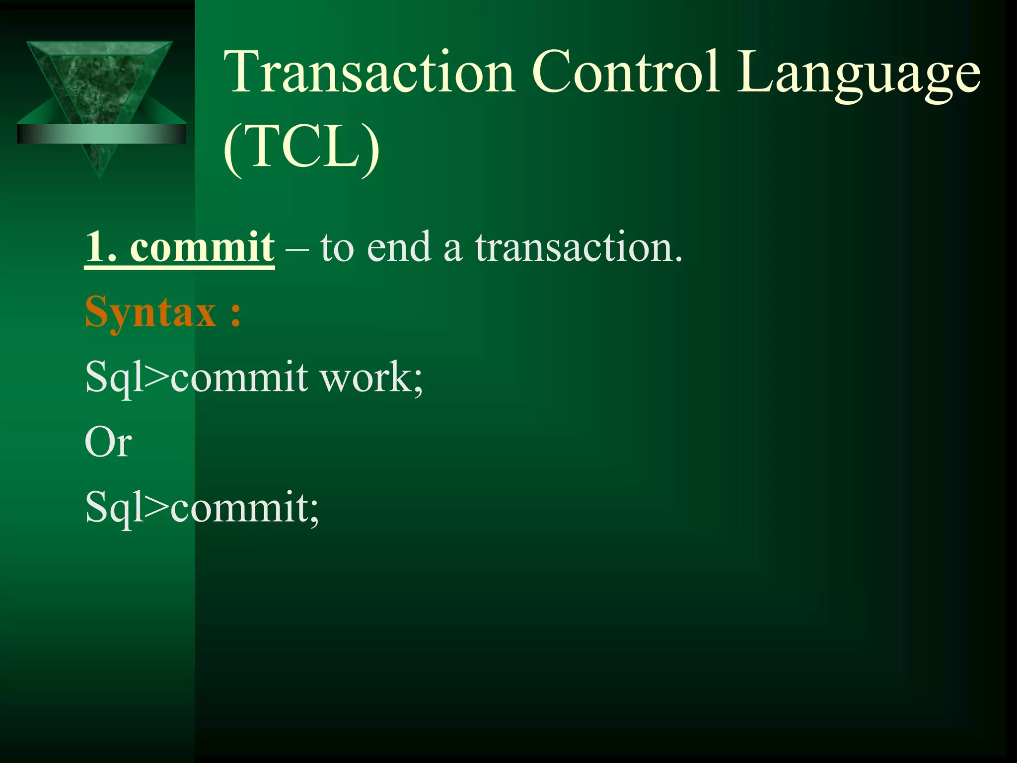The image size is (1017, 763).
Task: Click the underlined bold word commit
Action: pyautogui.click(x=202, y=247)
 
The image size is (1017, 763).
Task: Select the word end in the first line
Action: pyautogui.click(x=399, y=247)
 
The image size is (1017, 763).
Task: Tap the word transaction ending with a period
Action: pyautogui.click(x=579, y=247)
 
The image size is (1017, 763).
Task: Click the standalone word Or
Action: pyautogui.click(x=108, y=443)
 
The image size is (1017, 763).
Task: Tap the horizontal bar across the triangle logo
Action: pyautogui.click(x=101, y=134)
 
